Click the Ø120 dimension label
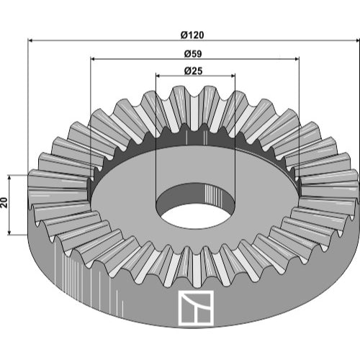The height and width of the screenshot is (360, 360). tap(192, 35)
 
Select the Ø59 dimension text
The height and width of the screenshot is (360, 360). tap(193, 54)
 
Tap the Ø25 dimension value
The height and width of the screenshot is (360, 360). tap(194, 71)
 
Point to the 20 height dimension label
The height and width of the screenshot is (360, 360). tap(4, 203)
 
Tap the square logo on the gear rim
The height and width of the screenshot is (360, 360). tap(196, 308)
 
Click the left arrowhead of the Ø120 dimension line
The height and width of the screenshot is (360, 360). tap(31, 41)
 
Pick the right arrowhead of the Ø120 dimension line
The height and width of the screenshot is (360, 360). tap(357, 41)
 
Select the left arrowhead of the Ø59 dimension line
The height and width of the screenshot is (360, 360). tap(93, 58)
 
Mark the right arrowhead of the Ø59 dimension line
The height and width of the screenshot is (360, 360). tap(297, 58)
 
